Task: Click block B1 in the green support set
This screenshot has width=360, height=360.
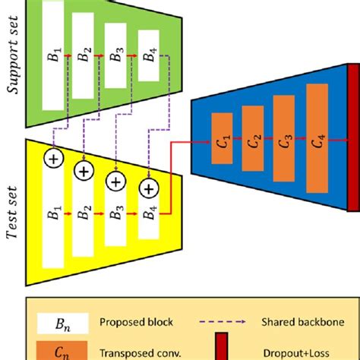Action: pyautogui.click(x=52, y=55)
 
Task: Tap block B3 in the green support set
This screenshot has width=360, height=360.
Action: pyautogui.click(x=115, y=55)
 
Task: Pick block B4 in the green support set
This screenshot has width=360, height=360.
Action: pyautogui.click(x=149, y=55)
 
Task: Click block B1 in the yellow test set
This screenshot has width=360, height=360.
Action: pyautogui.click(x=53, y=215)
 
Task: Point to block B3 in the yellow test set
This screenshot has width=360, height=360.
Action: pyautogui.click(x=115, y=215)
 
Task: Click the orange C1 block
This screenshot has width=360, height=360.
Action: pyautogui.click(x=222, y=140)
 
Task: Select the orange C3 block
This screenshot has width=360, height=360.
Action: pyautogui.click(x=285, y=140)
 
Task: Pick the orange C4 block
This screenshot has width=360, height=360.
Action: pyautogui.click(x=317, y=140)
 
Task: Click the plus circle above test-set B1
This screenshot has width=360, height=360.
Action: pyautogui.click(x=53, y=159)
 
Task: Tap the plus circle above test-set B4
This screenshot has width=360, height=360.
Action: pyautogui.click(x=150, y=186)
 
